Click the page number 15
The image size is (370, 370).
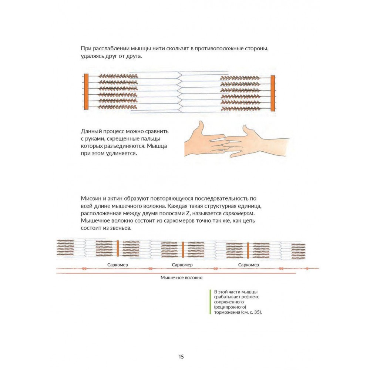point(181,357)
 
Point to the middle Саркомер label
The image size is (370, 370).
point(182,265)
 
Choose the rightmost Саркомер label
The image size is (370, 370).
point(248,265)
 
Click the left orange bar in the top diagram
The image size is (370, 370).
point(86,92)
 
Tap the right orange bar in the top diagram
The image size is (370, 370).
point(273,93)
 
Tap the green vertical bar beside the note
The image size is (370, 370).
point(210,302)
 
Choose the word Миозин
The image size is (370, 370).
point(90,199)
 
